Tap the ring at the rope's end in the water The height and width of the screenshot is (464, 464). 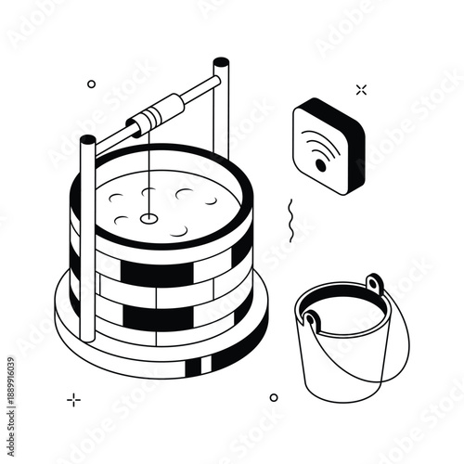tap(148, 218)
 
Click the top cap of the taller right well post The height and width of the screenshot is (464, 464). tap(221, 64)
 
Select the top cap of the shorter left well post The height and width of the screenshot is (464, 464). tap(87, 140)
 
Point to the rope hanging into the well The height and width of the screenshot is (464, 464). tap(148, 176)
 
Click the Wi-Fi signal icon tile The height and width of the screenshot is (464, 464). tap(328, 145)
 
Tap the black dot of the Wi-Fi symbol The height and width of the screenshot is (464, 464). tap(321, 165)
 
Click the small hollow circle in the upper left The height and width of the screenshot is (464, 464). tap(91, 84)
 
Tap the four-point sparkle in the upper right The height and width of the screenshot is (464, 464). tap(361, 89)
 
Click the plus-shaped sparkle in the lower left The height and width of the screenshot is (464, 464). tap(73, 400)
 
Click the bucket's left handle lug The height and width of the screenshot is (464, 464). tap(312, 321)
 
